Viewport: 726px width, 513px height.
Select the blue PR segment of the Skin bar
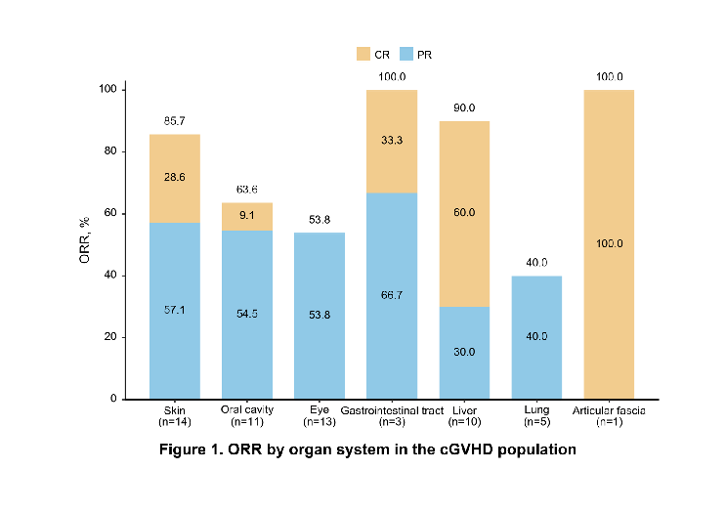coord(175,311)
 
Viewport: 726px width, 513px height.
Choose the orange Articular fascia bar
coord(609,244)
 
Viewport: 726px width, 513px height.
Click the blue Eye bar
coord(320,316)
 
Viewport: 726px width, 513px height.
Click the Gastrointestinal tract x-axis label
coord(392,410)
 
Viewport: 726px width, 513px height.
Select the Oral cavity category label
coord(247,410)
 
